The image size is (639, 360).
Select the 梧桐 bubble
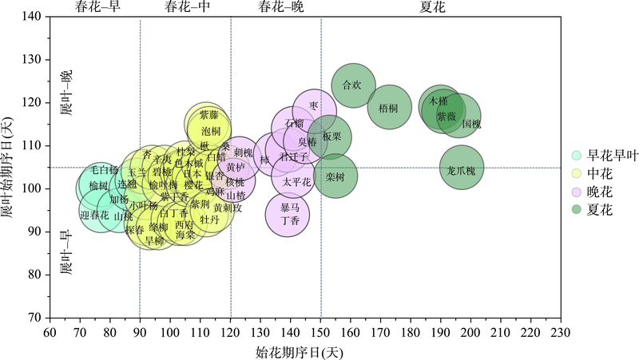coord(389,106)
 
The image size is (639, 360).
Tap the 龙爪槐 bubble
coord(461,168)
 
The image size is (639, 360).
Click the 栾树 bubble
coord(335,176)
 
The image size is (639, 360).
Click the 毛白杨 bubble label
coord(104,169)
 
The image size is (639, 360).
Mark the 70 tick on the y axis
coord(36,318)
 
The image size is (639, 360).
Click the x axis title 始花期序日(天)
coord(305,350)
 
